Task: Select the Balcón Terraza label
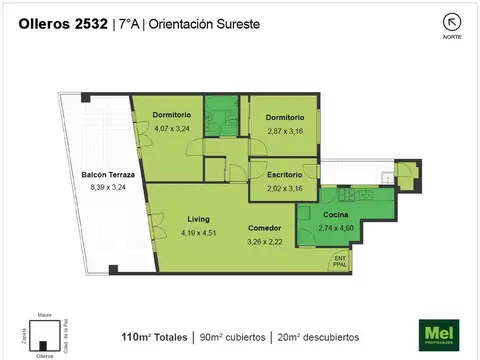point(109,175)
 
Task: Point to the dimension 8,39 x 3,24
point(109,187)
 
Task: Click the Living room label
point(198,218)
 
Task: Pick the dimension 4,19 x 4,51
point(199,232)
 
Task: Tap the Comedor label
point(265,228)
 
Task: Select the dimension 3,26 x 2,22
point(265,241)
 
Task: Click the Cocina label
point(334,214)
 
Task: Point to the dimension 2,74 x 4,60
point(335,227)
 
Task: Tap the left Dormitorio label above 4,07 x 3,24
point(172,116)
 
